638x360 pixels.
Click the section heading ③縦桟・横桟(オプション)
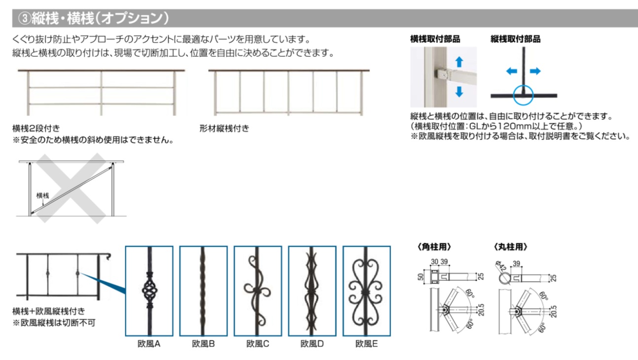click(x=94, y=18)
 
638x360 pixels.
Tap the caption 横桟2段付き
click(x=36, y=129)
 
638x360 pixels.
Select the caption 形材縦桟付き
click(x=225, y=129)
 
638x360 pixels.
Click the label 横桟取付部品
click(x=435, y=39)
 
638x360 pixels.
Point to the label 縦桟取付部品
click(x=515, y=39)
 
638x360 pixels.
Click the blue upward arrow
click(x=459, y=61)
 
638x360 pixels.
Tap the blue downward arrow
click(x=459, y=91)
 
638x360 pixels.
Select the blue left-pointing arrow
click(x=511, y=72)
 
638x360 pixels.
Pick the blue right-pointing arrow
click(x=535, y=72)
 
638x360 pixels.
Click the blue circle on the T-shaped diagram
click(x=523, y=94)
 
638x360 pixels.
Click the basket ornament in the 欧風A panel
click(x=149, y=291)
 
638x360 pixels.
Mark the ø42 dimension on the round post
click(x=502, y=268)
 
